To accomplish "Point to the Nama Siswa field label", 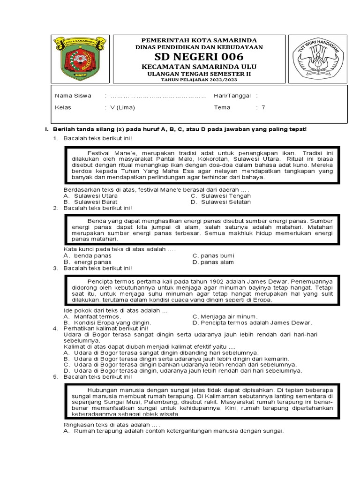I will pos(73,96).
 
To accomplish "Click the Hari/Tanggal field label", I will pos(232,96).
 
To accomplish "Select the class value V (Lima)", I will pos(122,107).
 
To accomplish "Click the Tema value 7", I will pos(263,107).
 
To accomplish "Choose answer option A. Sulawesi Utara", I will pos(90,195).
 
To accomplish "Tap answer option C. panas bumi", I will pos(213,255).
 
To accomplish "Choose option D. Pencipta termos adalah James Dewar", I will pos(252,322).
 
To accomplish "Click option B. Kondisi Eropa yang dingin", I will pos(107,322).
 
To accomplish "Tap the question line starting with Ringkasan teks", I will pos(112,424).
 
